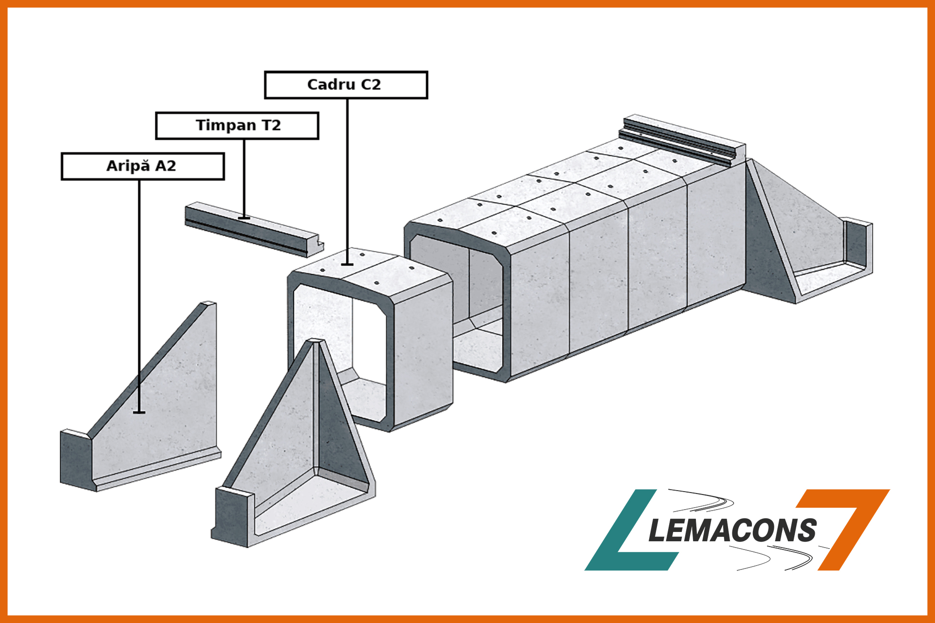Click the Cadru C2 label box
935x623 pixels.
tap(346, 85)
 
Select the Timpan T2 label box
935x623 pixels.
tap(237, 126)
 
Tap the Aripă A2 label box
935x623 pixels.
tap(143, 166)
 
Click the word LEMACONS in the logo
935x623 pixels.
tap(732, 530)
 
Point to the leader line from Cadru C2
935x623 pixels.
tap(347, 182)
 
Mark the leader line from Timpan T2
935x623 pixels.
tap(244, 179)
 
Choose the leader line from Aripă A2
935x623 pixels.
tap(139, 296)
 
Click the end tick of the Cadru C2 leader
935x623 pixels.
tap(347, 265)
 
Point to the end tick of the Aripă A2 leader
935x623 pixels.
tap(139, 413)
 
